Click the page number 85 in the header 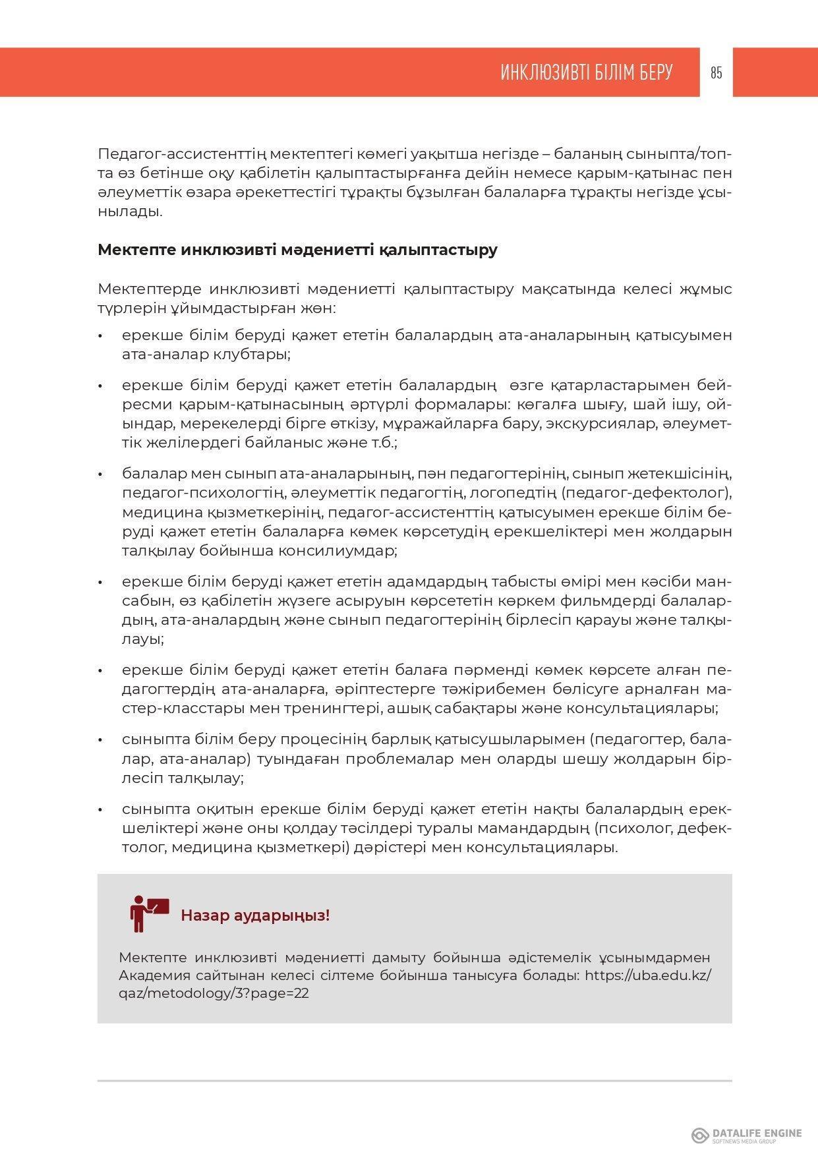(x=716, y=73)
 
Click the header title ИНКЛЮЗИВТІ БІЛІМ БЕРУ (x=586, y=72)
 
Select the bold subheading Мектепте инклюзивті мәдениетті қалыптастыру (x=297, y=250)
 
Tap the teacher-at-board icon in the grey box (x=149, y=913)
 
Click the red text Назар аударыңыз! (x=255, y=915)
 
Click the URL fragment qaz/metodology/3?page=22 (x=214, y=993)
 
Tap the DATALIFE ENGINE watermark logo (x=746, y=1135)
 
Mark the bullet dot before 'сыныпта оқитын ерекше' (x=101, y=810)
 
